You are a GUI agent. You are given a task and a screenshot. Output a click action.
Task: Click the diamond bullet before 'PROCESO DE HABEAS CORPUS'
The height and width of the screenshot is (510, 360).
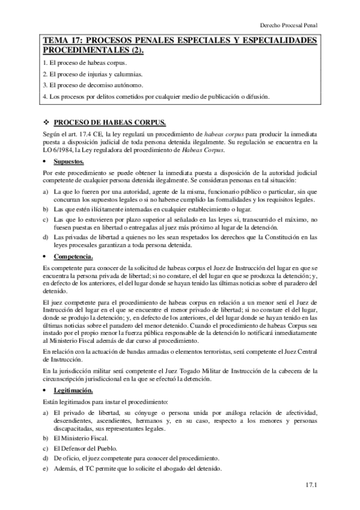[x=47, y=121]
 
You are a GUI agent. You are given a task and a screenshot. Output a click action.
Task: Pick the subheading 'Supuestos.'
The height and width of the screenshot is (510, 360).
[x=70, y=162]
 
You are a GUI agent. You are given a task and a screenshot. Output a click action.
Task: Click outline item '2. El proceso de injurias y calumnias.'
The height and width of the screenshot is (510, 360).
[x=93, y=74]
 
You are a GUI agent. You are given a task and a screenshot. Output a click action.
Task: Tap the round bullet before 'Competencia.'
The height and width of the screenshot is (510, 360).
[x=46, y=256]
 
